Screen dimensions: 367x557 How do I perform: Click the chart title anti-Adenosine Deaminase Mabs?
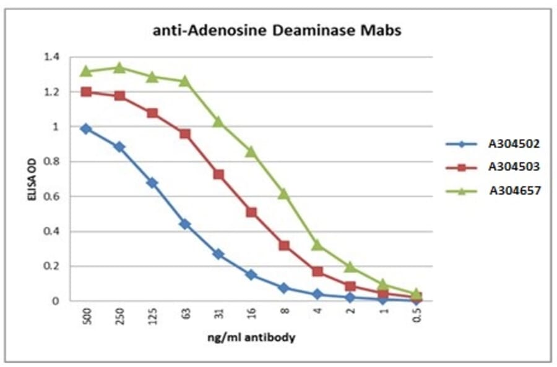pyautogui.click(x=277, y=30)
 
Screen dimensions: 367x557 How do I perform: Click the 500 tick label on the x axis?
pyautogui.click(x=87, y=316)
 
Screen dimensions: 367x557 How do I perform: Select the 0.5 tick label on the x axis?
pyautogui.click(x=417, y=316)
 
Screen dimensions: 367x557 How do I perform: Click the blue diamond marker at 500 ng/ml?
pyautogui.click(x=87, y=129)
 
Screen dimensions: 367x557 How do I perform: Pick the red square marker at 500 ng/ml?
pyautogui.click(x=87, y=92)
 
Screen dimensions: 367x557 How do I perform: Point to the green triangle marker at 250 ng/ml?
pyautogui.click(x=119, y=67)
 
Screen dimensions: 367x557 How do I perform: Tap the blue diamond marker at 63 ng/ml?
pyautogui.click(x=185, y=224)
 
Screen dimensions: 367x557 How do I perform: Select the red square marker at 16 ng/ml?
pyautogui.click(x=251, y=212)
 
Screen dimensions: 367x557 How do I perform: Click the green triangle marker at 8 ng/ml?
pyautogui.click(x=284, y=193)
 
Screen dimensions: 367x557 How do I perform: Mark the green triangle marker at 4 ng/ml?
pyautogui.click(x=317, y=245)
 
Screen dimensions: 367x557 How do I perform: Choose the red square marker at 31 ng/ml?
pyautogui.click(x=218, y=174)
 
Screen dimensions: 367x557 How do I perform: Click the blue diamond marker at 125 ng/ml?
pyautogui.click(x=152, y=183)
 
